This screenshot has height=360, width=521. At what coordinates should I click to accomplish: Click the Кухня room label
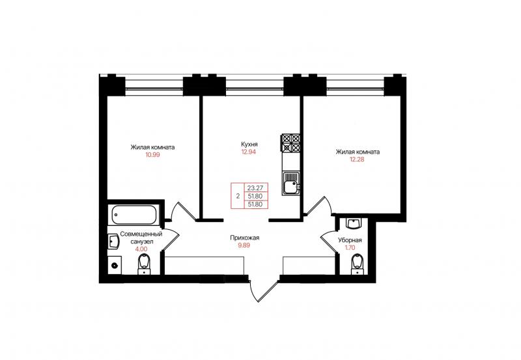[249, 145]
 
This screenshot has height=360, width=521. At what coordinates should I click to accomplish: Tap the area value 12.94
[249, 152]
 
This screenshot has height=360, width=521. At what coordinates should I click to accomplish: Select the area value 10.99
[152, 155]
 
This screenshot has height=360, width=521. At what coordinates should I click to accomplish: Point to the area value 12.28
[358, 159]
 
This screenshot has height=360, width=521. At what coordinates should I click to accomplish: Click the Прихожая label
[245, 238]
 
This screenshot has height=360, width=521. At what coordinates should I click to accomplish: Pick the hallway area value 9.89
[244, 246]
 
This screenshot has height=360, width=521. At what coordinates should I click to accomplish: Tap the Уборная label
[350, 240]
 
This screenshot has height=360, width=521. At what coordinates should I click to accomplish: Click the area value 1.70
[350, 248]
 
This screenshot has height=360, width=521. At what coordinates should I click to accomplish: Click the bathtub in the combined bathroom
[134, 215]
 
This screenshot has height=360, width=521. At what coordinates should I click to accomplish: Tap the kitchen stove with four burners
[291, 143]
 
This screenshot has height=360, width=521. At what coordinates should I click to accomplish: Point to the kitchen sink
[291, 183]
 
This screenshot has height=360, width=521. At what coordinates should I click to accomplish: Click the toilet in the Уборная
[357, 264]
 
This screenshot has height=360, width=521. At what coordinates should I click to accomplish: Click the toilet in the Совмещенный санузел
[144, 264]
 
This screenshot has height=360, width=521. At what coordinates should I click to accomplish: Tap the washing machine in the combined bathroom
[115, 266]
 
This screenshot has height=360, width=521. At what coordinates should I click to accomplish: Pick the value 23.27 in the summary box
[255, 187]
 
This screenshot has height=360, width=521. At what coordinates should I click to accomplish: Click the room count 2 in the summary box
[238, 196]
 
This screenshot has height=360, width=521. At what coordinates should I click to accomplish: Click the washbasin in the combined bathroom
[113, 242]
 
